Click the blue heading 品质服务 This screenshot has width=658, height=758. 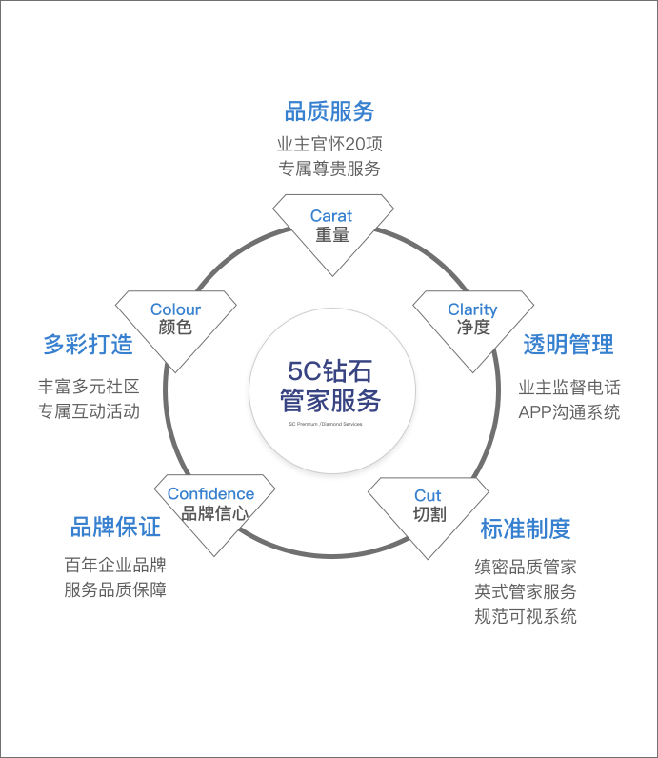pos(329,110)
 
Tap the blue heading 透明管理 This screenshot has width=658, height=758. pos(568,344)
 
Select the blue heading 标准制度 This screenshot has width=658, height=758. pos(526,529)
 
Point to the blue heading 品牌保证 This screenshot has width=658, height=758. pos(115,527)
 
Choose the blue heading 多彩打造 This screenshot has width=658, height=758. pos(89,344)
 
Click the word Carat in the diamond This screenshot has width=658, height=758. pos(331,216)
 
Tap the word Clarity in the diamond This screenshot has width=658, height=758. pos(472,309)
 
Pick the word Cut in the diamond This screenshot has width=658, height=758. pos(428,495)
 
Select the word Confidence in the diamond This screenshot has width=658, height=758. pos(210,493)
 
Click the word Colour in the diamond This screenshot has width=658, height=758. pos(175,309)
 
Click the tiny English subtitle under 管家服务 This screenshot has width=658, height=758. pos(326,424)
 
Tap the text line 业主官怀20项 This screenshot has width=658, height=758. pos(329,145)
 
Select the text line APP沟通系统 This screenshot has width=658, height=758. pos(568,412)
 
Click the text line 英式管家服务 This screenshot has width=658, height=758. pos(526,591)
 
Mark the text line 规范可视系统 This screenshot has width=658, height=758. pos(526,616)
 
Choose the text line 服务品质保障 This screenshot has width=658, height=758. pos(115,589)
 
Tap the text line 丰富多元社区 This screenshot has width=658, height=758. pos(89,388)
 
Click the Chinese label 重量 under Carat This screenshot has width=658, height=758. pos(332,234)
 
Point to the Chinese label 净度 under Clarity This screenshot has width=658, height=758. pos(473,328)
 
